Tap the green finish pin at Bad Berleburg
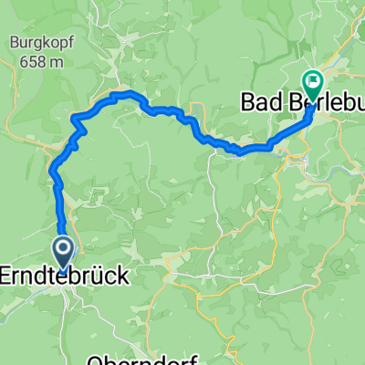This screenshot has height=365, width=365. (x=312, y=85)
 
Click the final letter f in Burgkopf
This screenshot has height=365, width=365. (x=62, y=42)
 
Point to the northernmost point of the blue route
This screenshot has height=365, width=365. (x=119, y=94)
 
